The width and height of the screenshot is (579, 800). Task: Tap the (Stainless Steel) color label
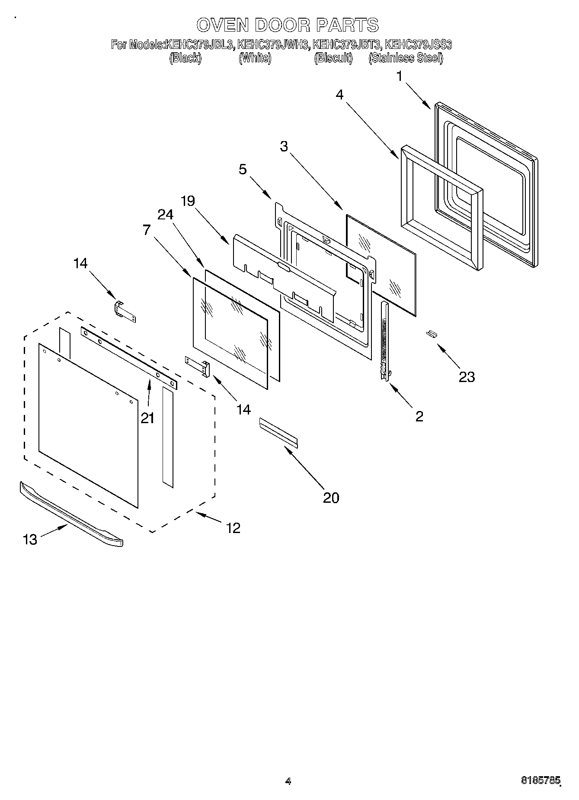click(x=406, y=58)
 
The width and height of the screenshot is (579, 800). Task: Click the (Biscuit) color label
click(x=333, y=58)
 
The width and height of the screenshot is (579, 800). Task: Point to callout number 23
click(x=467, y=377)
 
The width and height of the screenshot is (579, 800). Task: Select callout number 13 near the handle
click(x=30, y=539)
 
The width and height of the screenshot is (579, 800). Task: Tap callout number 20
click(x=331, y=498)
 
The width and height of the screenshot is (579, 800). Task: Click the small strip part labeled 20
click(x=278, y=433)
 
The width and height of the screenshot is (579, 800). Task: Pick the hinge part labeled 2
click(x=384, y=342)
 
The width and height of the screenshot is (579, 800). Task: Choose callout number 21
click(x=147, y=418)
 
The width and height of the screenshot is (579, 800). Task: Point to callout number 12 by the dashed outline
click(x=233, y=528)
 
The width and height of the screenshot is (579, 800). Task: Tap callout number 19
click(x=188, y=201)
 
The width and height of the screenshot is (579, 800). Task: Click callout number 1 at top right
click(x=400, y=77)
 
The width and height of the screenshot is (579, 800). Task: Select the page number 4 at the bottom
click(x=288, y=781)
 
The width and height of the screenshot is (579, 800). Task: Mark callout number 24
click(x=165, y=215)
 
